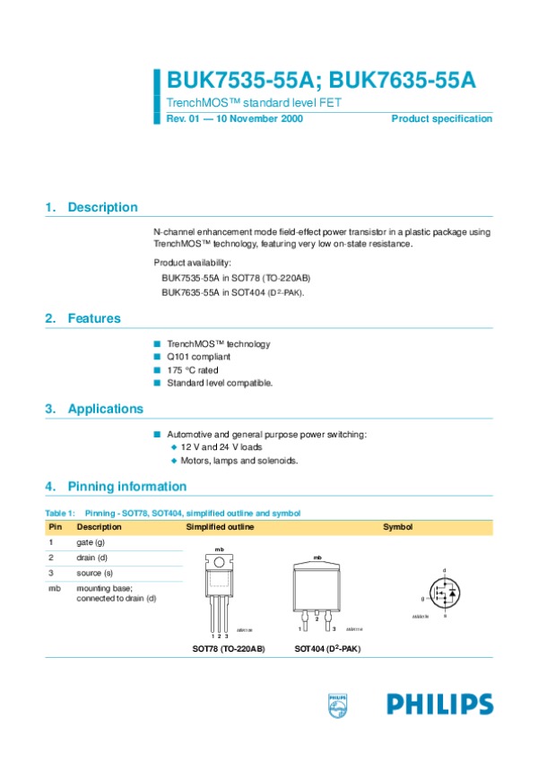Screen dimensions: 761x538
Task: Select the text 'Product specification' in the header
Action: click(441, 119)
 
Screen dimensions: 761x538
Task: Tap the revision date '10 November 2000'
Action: click(260, 119)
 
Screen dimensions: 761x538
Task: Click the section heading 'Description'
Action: click(102, 207)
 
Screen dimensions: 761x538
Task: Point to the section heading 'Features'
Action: click(93, 318)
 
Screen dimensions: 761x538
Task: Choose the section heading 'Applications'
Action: click(105, 409)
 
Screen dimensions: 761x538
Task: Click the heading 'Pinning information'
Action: click(126, 487)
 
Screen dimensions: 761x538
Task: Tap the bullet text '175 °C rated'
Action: click(192, 370)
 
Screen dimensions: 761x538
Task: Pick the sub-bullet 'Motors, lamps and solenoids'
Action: click(239, 460)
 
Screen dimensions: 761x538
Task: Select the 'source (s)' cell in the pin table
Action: click(94, 572)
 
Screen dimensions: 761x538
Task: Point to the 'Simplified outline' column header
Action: click(220, 527)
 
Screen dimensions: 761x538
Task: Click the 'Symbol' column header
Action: click(397, 527)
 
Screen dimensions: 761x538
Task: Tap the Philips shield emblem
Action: click(337, 705)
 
